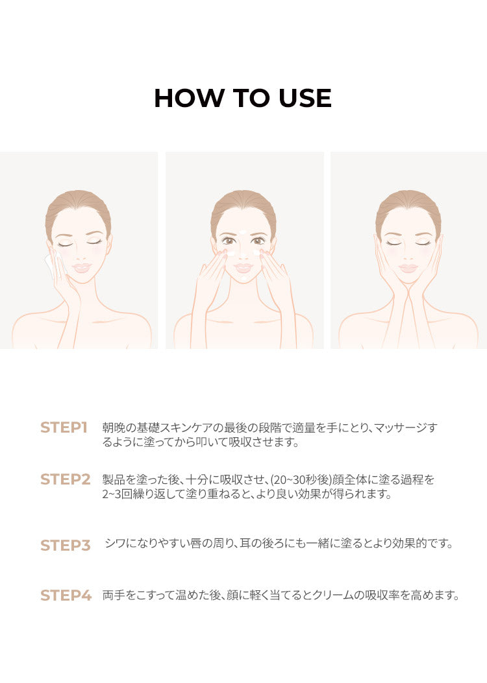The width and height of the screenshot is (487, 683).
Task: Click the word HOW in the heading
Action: click(x=188, y=98)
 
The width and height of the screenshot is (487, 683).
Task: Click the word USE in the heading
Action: click(x=305, y=98)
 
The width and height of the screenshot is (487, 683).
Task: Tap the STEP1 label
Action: click(x=64, y=427)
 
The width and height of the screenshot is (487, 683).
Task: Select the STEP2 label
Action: click(x=66, y=479)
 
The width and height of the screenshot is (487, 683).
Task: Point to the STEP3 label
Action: click(x=66, y=545)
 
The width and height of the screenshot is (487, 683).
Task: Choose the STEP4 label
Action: click(x=66, y=595)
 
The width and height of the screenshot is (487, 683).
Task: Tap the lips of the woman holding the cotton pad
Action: click(x=82, y=267)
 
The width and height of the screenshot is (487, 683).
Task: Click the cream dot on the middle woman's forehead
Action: click(x=243, y=232)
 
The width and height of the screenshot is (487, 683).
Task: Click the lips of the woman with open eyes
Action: click(x=243, y=267)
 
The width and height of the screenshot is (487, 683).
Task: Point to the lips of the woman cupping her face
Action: click(x=408, y=267)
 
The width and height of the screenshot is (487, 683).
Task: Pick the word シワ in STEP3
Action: click(x=116, y=544)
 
